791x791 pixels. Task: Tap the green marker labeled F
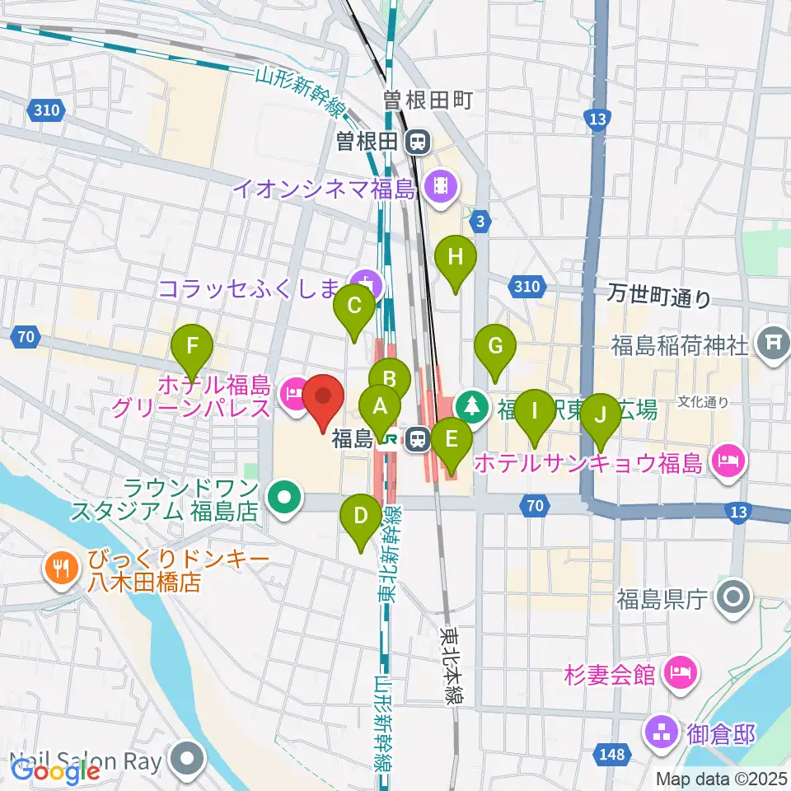(192, 344)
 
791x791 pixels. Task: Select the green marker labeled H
(456, 256)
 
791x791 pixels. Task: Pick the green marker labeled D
(361, 516)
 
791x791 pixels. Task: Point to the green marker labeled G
(495, 345)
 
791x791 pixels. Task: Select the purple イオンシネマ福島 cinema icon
(442, 185)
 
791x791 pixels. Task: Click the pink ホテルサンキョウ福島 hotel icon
(727, 457)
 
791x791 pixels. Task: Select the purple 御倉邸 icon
(661, 728)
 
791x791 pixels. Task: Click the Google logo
(54, 771)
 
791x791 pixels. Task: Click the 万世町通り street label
(659, 295)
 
